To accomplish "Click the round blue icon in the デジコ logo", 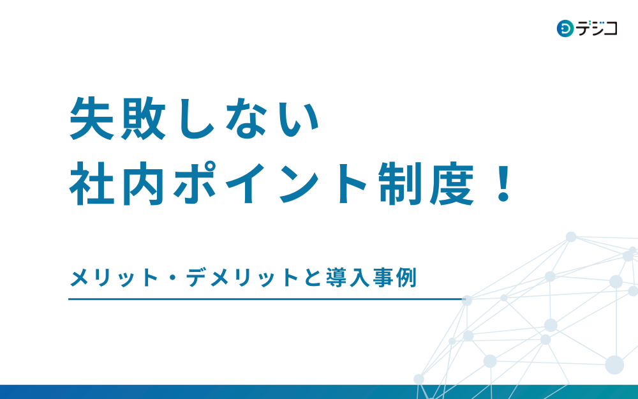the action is [565, 29].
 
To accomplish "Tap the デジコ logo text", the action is [597, 28].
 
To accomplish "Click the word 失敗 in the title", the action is [117, 119].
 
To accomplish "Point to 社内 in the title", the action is [117, 184].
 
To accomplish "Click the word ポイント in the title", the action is [270, 184].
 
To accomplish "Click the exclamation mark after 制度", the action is [504, 184].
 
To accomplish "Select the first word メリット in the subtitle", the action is [114, 278].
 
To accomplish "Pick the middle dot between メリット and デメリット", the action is [172, 278].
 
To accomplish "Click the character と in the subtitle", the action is [313, 278].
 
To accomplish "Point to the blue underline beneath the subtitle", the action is [267, 299].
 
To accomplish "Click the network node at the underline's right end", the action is [467, 301].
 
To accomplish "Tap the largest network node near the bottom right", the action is [614, 365].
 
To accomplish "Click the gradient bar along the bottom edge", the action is [319, 392].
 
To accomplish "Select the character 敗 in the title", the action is [143, 119].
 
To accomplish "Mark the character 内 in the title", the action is [143, 184].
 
